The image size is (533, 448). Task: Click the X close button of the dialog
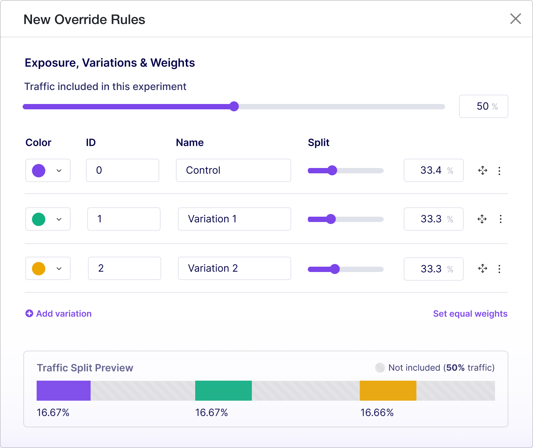tap(515, 19)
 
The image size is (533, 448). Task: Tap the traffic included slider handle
tap(234, 106)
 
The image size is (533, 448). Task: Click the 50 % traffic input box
tap(483, 106)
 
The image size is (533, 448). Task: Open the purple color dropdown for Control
tap(48, 170)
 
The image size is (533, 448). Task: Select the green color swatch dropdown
tap(48, 219)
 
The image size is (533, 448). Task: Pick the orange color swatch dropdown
tap(48, 268)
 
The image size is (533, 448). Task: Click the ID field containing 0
tap(122, 170)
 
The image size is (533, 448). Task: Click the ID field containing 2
tap(124, 268)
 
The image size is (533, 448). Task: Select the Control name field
tap(233, 170)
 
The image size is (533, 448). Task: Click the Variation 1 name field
tap(234, 219)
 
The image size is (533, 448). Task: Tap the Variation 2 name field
tap(234, 268)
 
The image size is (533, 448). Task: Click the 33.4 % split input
tap(433, 170)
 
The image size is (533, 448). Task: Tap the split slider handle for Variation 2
tap(335, 269)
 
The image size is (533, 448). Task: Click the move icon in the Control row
tap(483, 171)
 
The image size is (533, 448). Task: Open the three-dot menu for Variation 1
tap(500, 219)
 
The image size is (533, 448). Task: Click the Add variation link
tap(59, 314)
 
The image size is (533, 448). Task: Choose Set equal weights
tap(470, 314)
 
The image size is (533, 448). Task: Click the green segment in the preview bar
tap(223, 391)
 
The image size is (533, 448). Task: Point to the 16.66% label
tap(377, 413)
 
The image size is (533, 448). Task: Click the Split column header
tap(318, 143)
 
